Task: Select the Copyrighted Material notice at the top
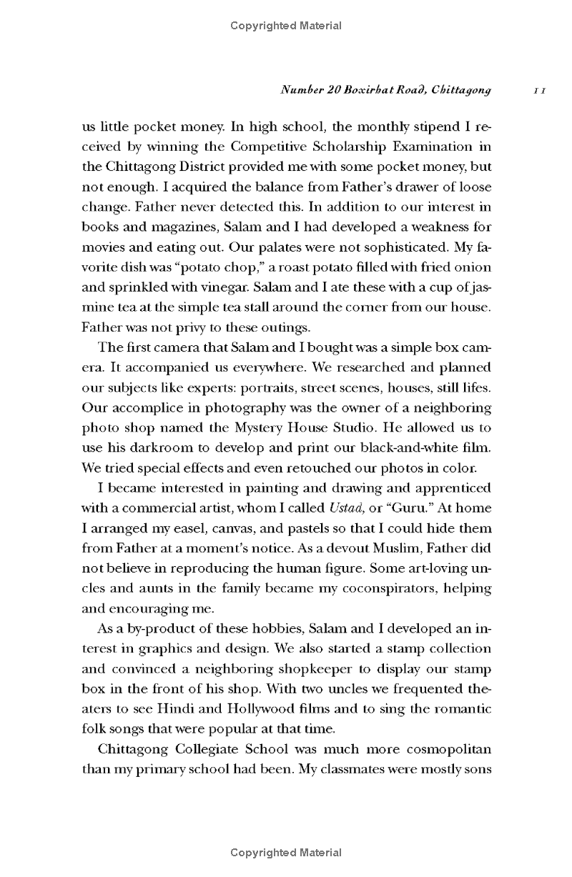pyautogui.click(x=286, y=26)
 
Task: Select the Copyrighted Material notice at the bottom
pyautogui.click(x=286, y=853)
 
